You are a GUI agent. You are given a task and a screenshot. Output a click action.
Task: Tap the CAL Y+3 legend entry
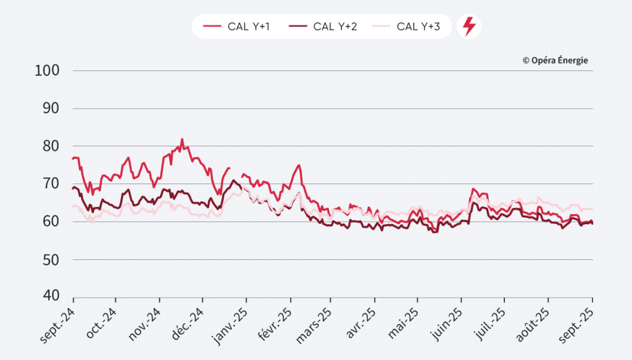coord(408,27)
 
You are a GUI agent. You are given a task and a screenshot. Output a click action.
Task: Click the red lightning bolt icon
coord(469,27)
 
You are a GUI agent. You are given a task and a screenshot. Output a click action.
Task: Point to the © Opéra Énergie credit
coord(555,60)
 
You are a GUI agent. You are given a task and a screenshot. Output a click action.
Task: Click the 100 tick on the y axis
coord(48,70)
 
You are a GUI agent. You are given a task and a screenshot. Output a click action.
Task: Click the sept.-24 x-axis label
coord(57,322)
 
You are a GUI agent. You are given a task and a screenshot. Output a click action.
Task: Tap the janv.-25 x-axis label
coord(230,322)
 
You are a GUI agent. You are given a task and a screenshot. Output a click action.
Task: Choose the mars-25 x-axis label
coord(316,322)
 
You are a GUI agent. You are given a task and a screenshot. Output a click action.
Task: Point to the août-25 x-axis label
coord(533,322)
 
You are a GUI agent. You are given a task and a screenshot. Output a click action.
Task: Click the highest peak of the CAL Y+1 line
coord(182,140)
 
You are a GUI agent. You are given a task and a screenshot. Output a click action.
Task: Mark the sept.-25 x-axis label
coord(577,322)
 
